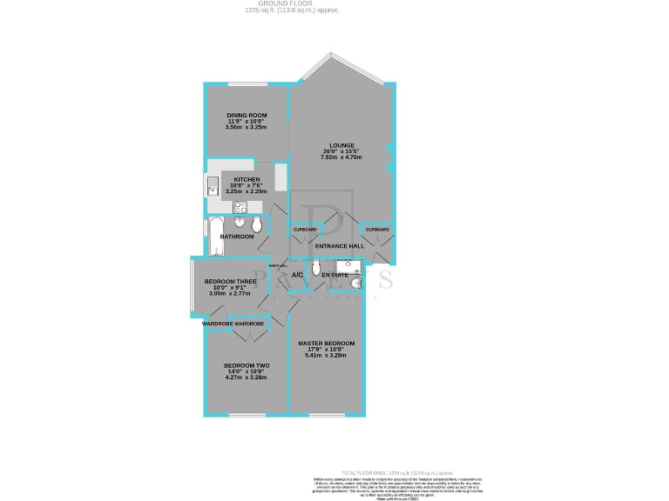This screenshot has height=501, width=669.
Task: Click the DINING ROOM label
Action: (x=246, y=114)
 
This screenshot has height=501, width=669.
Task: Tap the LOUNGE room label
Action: (x=341, y=144)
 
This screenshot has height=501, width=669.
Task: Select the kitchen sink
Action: (x=212, y=186)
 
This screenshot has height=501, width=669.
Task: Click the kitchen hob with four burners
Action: (x=240, y=207)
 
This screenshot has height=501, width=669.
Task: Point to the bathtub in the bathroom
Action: (x=216, y=237)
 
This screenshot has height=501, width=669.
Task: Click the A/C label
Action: (x=297, y=276)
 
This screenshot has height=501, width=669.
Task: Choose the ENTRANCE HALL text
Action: (x=339, y=246)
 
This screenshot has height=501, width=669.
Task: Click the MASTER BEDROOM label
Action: (x=326, y=344)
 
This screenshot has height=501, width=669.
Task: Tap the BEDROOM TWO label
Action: (x=246, y=365)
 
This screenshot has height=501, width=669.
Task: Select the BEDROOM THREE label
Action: (x=229, y=282)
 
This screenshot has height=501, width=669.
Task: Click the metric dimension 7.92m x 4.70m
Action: (x=341, y=157)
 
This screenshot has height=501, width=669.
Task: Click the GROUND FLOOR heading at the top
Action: (x=292, y=4)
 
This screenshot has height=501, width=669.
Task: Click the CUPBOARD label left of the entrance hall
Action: (x=304, y=230)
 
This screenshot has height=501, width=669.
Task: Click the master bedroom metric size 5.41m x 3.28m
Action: (x=326, y=356)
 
